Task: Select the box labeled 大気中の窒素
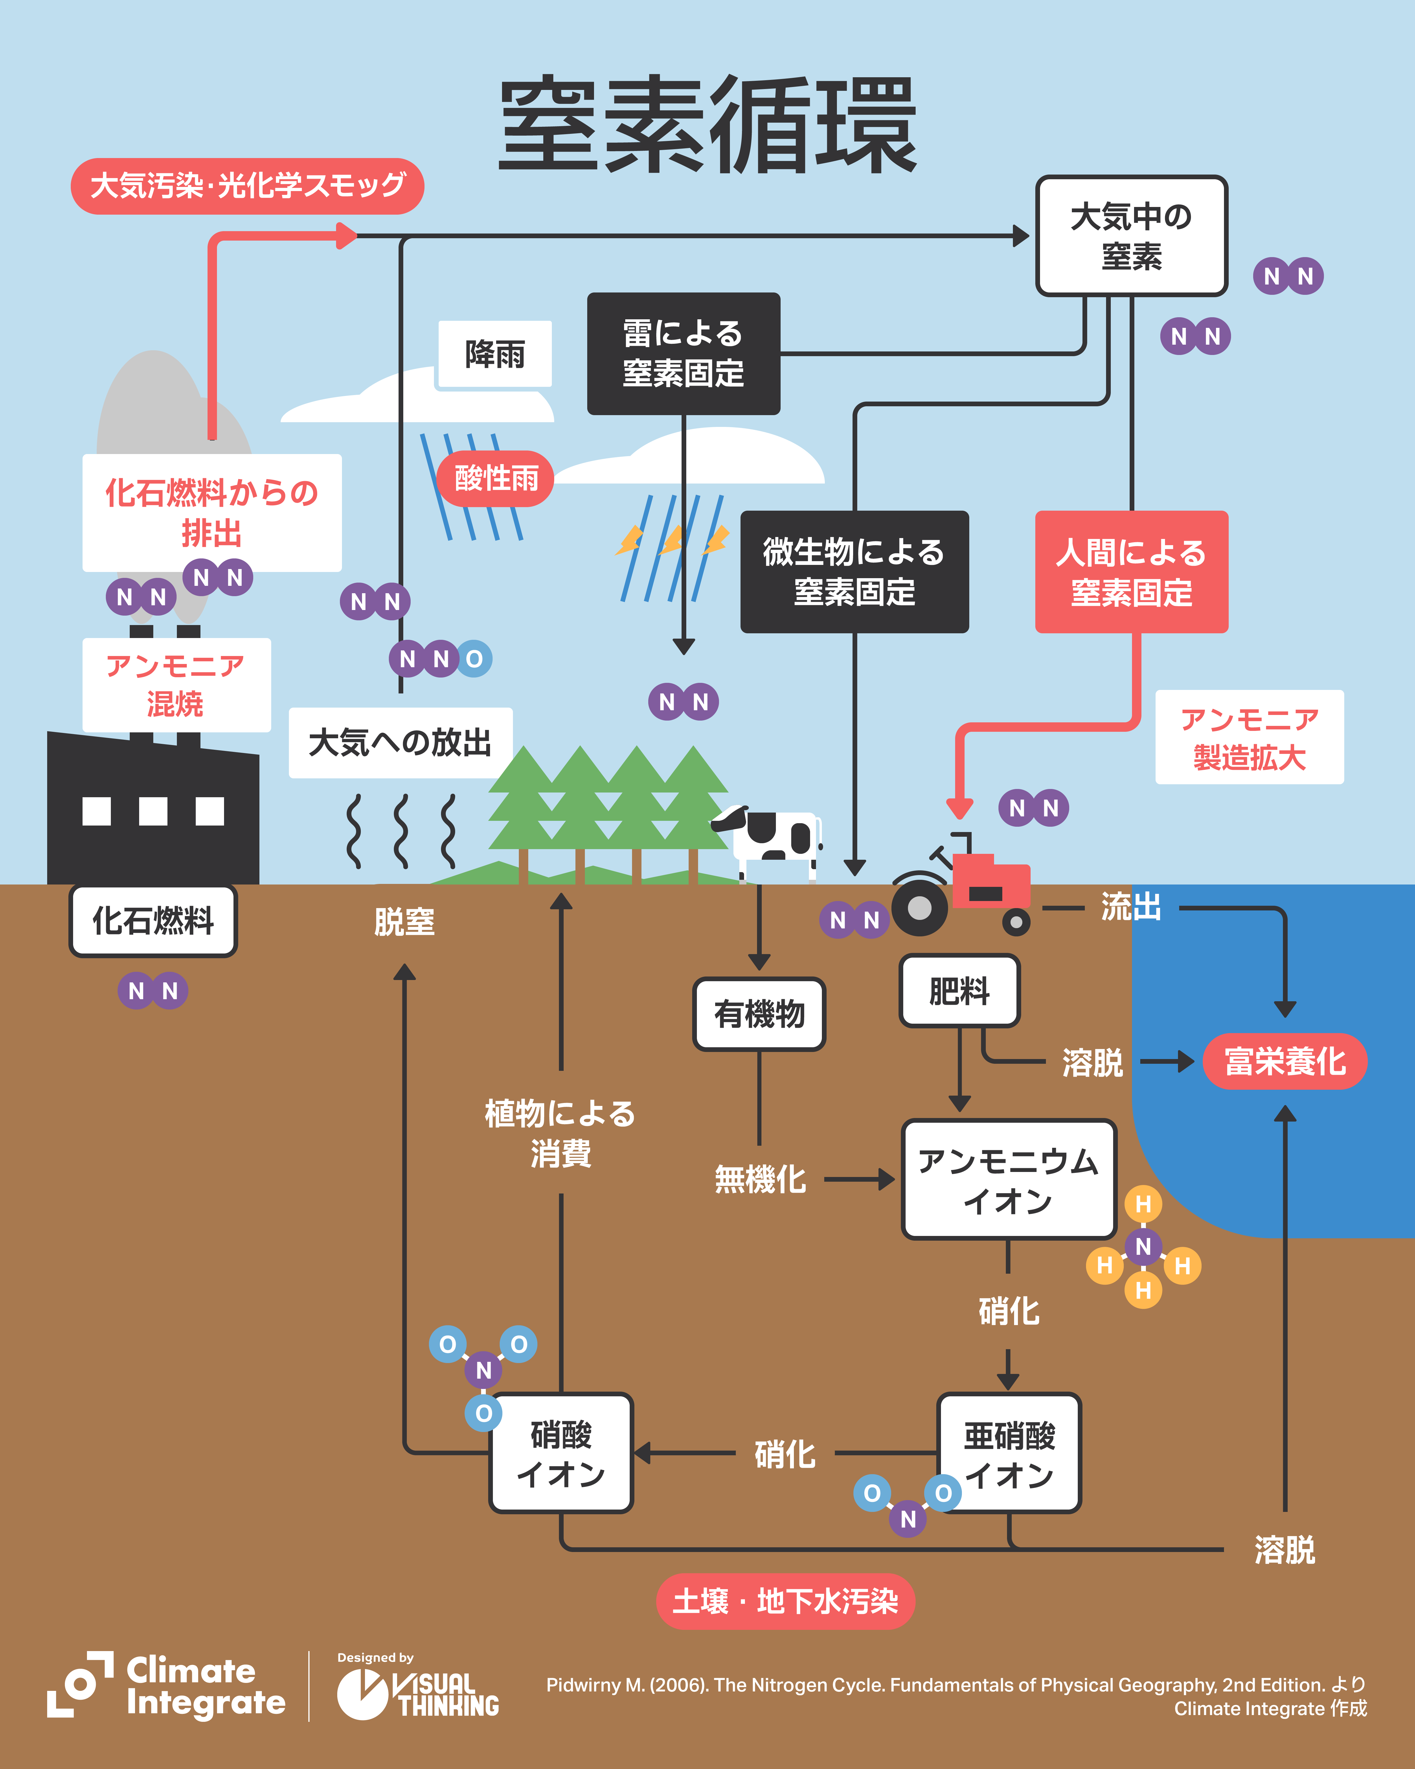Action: tap(1131, 236)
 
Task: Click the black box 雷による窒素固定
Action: tap(683, 354)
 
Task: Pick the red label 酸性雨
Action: tap(496, 478)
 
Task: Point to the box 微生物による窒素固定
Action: tap(854, 572)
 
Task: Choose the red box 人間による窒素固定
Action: tap(1131, 572)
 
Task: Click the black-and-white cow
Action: tap(771, 837)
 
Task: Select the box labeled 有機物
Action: tap(759, 1014)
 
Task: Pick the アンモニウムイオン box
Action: tap(1008, 1180)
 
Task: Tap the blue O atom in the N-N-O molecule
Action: tap(474, 659)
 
